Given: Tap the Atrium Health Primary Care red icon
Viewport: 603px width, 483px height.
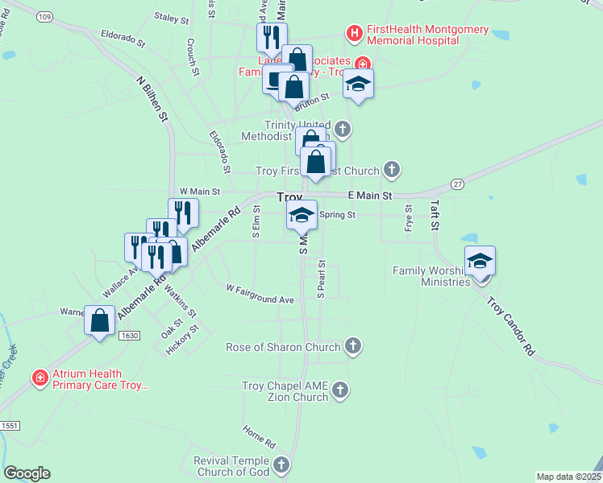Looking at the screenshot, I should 39,378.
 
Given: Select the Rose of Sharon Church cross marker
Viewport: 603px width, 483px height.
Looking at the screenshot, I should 352,347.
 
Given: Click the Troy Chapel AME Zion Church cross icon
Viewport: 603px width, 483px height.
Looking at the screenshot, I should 339,391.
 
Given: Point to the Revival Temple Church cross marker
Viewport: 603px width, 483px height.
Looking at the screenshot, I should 281,464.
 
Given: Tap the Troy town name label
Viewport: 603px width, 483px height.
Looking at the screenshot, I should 289,197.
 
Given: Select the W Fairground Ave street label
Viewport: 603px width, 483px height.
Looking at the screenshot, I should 260,294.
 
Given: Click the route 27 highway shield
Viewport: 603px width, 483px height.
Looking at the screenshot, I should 458,184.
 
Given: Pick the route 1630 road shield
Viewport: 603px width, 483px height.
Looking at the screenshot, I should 128,335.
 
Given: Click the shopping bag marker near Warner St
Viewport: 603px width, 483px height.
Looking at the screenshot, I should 100,320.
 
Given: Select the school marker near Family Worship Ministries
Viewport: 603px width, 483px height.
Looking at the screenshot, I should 480,261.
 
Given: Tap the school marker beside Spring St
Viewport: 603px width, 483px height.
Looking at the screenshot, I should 301,215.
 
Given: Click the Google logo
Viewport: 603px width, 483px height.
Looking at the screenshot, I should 27,473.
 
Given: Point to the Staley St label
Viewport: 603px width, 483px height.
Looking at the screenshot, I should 171,17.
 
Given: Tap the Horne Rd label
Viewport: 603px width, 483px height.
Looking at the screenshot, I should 259,438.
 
